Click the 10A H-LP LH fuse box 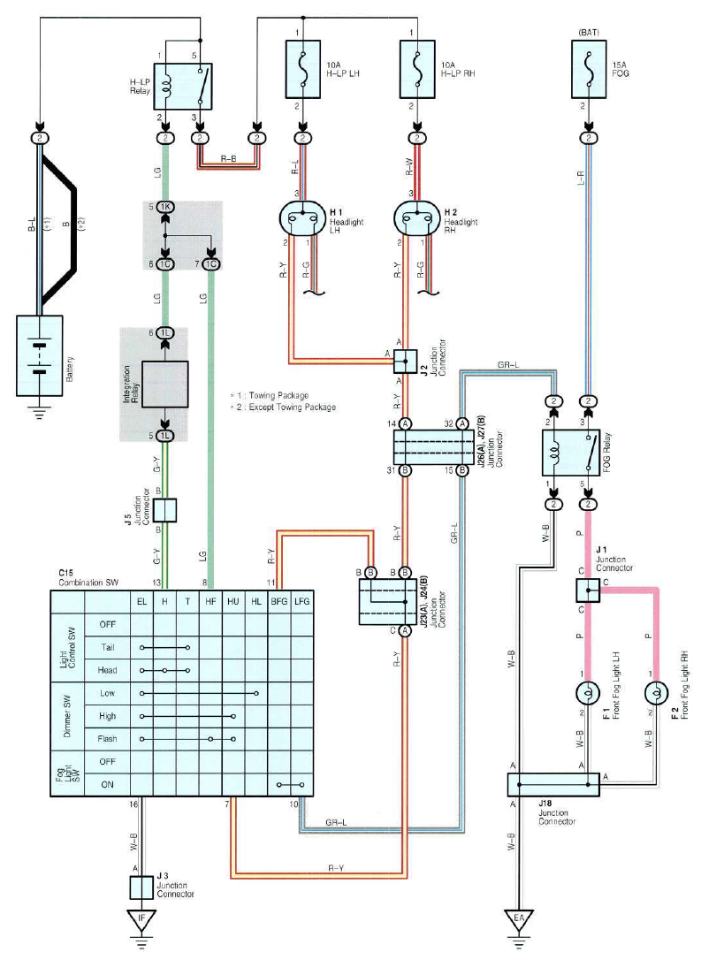coord(303,69)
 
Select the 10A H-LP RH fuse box coord(417,69)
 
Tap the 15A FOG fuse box coord(589,69)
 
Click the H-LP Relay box coord(182,87)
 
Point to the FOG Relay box coord(570,453)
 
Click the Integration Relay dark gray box coord(164,385)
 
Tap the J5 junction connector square coord(164,510)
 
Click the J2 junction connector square coord(405,362)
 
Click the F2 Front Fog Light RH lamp coord(657,694)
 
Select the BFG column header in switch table coord(279,602)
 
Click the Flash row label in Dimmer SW coord(107,739)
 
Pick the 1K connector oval coord(164,207)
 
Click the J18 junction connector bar coord(553,785)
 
